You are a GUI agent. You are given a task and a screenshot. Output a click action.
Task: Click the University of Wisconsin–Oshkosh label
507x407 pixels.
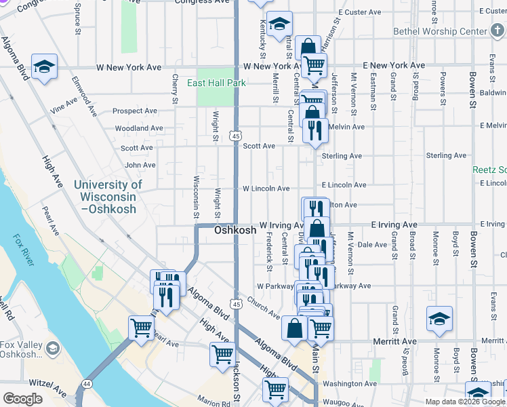[x=108, y=196]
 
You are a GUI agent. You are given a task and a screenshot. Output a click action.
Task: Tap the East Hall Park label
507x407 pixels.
[x=216, y=83]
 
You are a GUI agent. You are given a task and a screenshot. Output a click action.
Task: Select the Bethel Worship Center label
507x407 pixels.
[x=440, y=31]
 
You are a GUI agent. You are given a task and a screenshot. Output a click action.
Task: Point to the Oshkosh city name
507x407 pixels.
[x=235, y=230]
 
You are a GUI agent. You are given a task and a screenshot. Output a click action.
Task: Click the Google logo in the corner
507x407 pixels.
[x=22, y=399]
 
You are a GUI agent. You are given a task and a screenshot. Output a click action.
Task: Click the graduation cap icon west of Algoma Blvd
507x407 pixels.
[x=44, y=66]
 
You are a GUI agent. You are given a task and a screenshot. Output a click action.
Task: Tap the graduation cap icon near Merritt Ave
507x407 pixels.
[x=439, y=318]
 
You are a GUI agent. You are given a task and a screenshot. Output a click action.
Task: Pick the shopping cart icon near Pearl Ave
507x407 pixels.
[x=142, y=328]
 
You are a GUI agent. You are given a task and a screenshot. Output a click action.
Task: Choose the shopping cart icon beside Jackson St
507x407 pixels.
[x=222, y=353]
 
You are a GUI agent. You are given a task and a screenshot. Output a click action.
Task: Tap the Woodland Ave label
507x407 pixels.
[x=138, y=128]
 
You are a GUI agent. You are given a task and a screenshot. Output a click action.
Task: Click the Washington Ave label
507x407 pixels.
[x=350, y=383]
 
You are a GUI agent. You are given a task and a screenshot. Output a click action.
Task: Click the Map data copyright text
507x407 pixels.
[x=464, y=402]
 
